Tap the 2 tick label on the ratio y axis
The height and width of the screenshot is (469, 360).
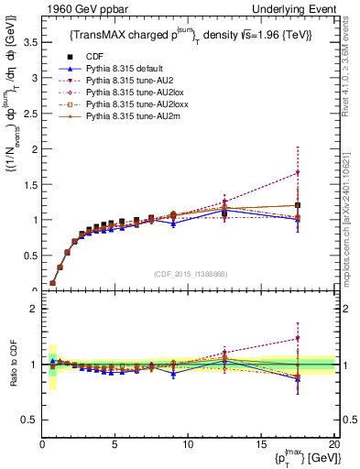point(33,309)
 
